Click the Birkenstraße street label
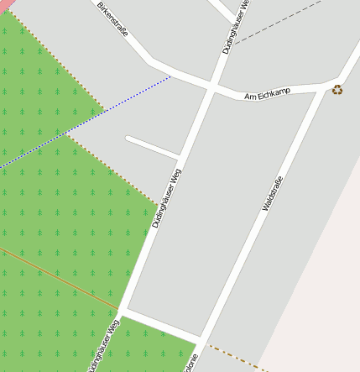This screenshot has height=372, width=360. coord(112,19)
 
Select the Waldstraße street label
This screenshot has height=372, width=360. coord(274,192)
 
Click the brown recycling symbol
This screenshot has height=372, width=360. coord(337,90)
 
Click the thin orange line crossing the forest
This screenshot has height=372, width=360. coord(59,277)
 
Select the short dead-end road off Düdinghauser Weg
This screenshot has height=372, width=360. coord(153,146)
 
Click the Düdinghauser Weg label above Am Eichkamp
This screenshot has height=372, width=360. coord(237,27)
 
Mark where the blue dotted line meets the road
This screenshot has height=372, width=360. coord(171,77)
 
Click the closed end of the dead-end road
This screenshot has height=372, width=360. coord(128,138)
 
